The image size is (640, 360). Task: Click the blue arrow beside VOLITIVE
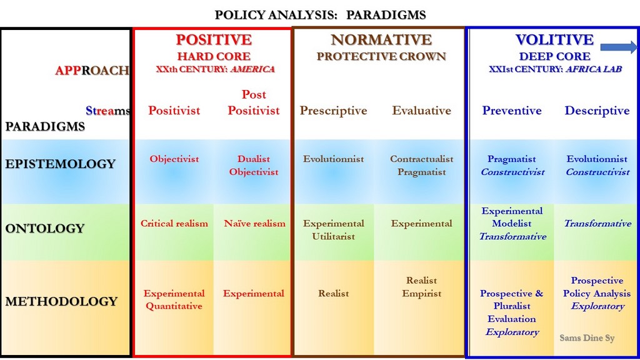(618, 47)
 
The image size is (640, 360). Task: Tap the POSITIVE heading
(214, 39)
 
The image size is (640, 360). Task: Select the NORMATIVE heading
(381, 39)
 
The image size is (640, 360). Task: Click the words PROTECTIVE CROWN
(381, 56)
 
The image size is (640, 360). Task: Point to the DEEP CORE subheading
(555, 56)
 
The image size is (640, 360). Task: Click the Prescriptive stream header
(334, 111)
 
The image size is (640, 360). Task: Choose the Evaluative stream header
(422, 110)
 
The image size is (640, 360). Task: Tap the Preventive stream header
(512, 110)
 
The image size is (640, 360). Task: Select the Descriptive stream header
(597, 111)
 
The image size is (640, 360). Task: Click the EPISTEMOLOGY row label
(61, 164)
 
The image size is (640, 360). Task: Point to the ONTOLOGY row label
(45, 228)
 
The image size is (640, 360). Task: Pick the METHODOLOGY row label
(61, 301)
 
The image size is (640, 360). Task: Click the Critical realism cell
(174, 224)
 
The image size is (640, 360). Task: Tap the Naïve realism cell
(255, 224)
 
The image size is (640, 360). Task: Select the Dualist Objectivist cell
(254, 165)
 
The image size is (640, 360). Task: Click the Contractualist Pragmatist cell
(422, 165)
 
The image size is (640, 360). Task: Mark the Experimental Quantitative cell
(174, 299)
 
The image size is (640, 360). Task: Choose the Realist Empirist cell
(422, 287)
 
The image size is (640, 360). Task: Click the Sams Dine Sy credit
(587, 338)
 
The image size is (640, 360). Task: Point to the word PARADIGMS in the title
(386, 15)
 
